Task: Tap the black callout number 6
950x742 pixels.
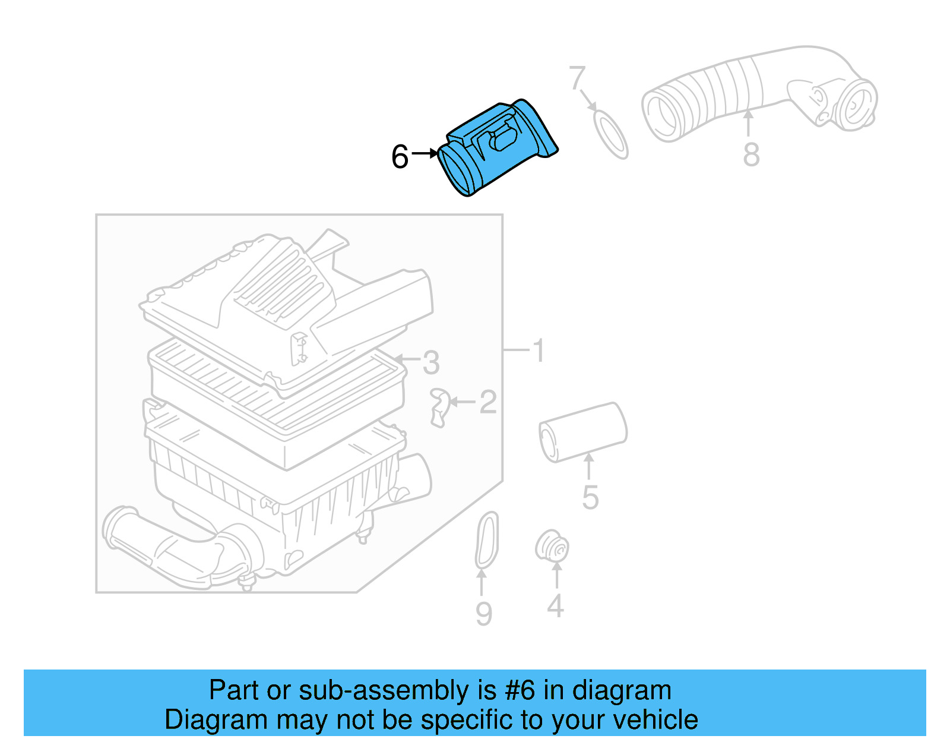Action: click(x=400, y=157)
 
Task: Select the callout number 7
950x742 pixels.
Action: click(x=577, y=78)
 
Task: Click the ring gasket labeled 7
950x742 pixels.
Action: click(x=611, y=134)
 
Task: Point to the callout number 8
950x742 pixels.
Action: click(x=751, y=155)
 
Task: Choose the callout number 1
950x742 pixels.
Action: click(x=539, y=351)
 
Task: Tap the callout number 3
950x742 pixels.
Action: click(x=431, y=362)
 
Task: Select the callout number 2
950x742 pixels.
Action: click(x=487, y=402)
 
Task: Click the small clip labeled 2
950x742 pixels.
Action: click(x=439, y=407)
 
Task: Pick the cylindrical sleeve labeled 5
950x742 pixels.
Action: click(x=582, y=432)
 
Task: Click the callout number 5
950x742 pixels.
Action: click(x=590, y=497)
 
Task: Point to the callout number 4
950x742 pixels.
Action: click(x=555, y=606)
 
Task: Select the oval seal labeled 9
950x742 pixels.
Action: click(x=487, y=540)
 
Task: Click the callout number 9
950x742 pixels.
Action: click(x=483, y=614)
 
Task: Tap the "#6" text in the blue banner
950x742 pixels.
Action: click(x=520, y=690)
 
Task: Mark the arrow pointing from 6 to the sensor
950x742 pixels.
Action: click(x=425, y=153)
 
